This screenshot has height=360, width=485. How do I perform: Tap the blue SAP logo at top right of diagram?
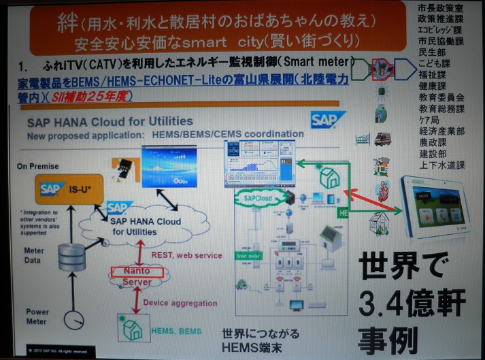329,120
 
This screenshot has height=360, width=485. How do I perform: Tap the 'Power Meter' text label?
37,316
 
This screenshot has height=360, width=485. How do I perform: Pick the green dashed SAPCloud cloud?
258,199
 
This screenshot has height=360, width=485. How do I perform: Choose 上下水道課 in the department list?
441,165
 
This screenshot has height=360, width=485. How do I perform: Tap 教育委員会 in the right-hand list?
441,97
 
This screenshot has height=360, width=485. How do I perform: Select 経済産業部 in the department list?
441,131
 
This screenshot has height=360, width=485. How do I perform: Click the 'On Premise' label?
38,166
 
